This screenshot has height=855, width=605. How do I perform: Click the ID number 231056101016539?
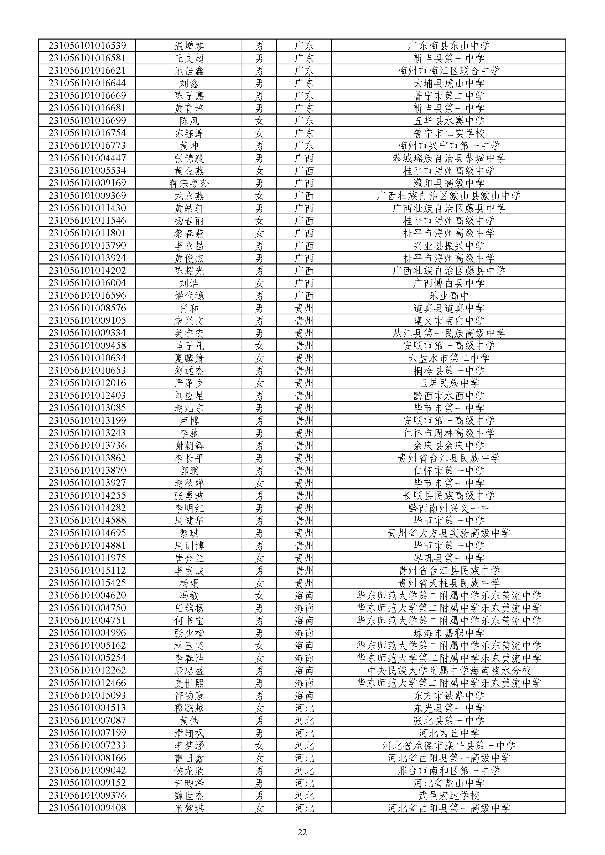click(87, 46)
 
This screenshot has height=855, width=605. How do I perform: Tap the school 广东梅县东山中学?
click(449, 46)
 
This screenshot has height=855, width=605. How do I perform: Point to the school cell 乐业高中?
click(449, 296)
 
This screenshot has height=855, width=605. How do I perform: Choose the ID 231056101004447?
click(87, 158)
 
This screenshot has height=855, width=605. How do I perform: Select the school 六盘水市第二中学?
click(449, 358)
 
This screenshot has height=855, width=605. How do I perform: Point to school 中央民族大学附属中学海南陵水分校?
click(449, 670)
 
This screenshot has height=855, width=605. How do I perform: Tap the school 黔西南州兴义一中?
click(449, 508)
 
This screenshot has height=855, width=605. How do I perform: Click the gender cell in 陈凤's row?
click(259, 121)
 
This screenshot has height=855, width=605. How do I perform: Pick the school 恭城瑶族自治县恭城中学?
click(449, 158)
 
